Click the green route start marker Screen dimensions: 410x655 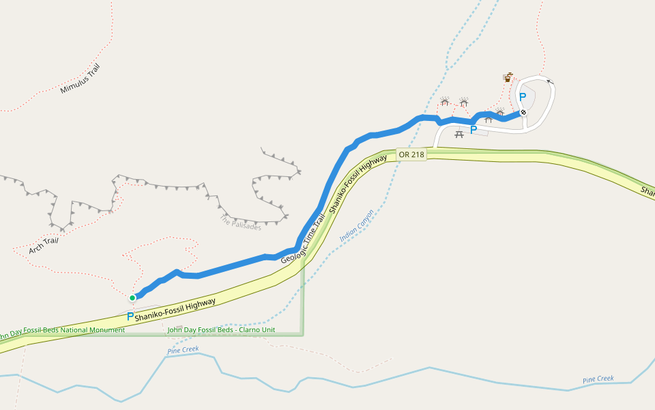point(132,297)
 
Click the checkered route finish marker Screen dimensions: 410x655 point(523,112)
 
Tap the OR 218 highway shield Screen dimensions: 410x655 point(411,154)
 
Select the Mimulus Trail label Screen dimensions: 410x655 point(80,79)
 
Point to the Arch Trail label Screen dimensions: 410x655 point(44,246)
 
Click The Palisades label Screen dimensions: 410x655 point(241,223)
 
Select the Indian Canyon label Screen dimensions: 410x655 point(357,225)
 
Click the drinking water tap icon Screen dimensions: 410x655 point(508,77)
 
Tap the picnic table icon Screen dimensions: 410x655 point(459,134)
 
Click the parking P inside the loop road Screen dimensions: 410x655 point(523,97)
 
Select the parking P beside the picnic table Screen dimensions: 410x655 point(474,130)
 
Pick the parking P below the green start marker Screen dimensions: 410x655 point(130,316)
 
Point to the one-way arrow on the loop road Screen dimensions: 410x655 point(551,81)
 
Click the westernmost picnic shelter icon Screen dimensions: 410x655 point(445,102)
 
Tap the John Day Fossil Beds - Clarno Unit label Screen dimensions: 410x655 point(221,330)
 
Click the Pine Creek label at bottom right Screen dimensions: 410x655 point(598,379)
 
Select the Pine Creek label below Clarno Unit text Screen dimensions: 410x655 point(183,350)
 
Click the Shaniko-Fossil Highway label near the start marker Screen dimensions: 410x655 point(175,310)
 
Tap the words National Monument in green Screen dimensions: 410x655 point(91,330)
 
